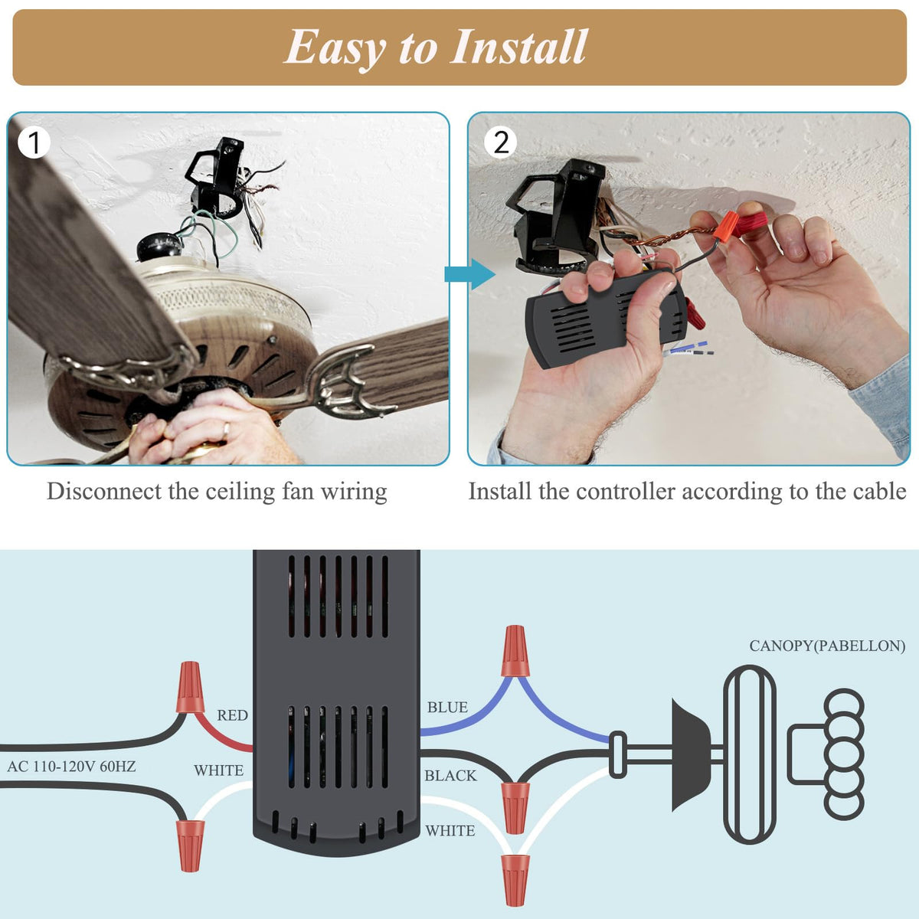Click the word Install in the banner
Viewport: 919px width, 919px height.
[x=518, y=46]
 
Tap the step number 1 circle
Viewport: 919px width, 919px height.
[x=34, y=142]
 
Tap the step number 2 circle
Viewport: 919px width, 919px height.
[x=501, y=142]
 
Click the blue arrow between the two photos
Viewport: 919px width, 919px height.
[x=469, y=274]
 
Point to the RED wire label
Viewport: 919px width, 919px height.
[x=232, y=715]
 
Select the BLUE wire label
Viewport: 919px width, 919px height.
[x=447, y=707]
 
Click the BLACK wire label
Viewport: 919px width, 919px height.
[x=450, y=776]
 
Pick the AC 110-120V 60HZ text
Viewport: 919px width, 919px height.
[x=71, y=767]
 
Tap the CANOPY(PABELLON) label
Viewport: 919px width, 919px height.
[x=827, y=646]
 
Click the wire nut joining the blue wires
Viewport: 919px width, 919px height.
[x=515, y=652]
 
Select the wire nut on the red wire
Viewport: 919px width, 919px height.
[x=190, y=687]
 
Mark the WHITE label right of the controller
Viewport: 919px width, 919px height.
[x=450, y=831]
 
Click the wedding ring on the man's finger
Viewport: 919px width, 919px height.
[x=226, y=430]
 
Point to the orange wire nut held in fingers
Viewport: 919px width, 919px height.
[x=726, y=226]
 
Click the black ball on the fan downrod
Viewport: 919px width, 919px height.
[x=159, y=247]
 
